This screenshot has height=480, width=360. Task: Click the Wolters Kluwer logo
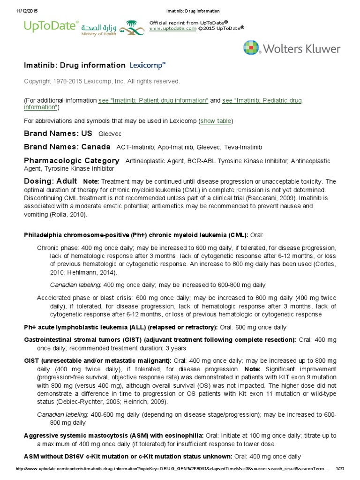point(292,48)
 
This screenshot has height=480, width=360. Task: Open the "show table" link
point(216,121)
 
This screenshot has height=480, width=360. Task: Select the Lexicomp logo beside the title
point(148,66)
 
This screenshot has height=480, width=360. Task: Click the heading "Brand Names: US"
point(58,134)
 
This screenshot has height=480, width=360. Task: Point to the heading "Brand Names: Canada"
point(67,147)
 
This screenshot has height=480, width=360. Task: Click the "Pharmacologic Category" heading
point(72,161)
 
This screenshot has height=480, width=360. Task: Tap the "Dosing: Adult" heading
point(51,181)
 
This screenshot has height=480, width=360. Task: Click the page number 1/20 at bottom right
point(340,469)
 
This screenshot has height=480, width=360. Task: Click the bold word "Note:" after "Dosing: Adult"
point(91,181)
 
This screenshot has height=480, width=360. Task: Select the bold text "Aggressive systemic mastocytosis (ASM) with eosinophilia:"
point(113,435)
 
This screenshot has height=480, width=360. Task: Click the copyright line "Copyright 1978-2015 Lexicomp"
point(102,82)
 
